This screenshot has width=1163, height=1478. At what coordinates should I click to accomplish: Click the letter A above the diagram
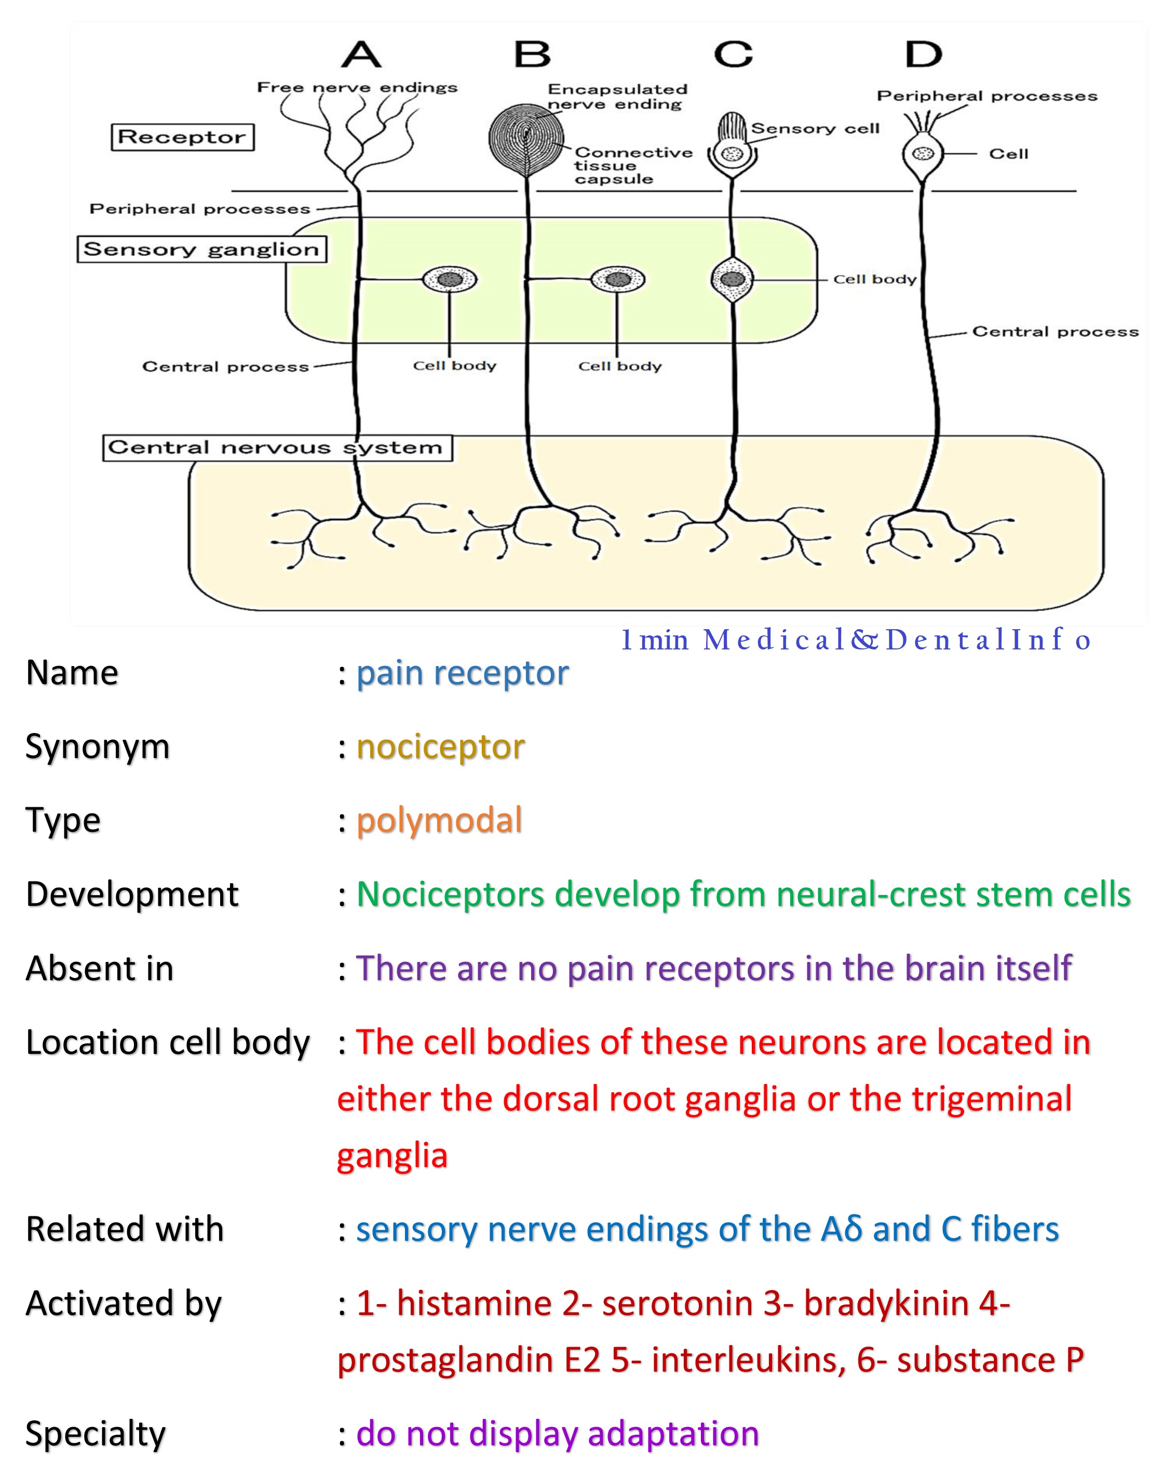(x=361, y=54)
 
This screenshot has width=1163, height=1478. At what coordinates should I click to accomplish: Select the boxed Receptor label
(x=182, y=137)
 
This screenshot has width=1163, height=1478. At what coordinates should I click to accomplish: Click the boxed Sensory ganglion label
(x=201, y=249)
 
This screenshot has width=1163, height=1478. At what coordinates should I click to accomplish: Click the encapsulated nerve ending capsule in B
(x=525, y=138)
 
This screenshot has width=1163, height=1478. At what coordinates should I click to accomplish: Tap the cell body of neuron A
(x=450, y=279)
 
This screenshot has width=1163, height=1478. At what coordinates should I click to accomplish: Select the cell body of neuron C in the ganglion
(x=733, y=279)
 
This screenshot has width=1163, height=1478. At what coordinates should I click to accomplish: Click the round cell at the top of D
(x=923, y=154)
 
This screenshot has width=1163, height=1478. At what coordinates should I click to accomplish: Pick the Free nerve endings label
(x=357, y=88)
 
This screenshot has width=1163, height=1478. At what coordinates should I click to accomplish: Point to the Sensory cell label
(x=815, y=129)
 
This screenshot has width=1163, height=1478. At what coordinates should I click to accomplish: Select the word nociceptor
(x=441, y=747)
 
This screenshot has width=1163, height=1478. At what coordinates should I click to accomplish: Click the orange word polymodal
(x=439, y=820)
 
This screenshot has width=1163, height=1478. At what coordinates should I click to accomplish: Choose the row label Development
(x=132, y=894)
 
